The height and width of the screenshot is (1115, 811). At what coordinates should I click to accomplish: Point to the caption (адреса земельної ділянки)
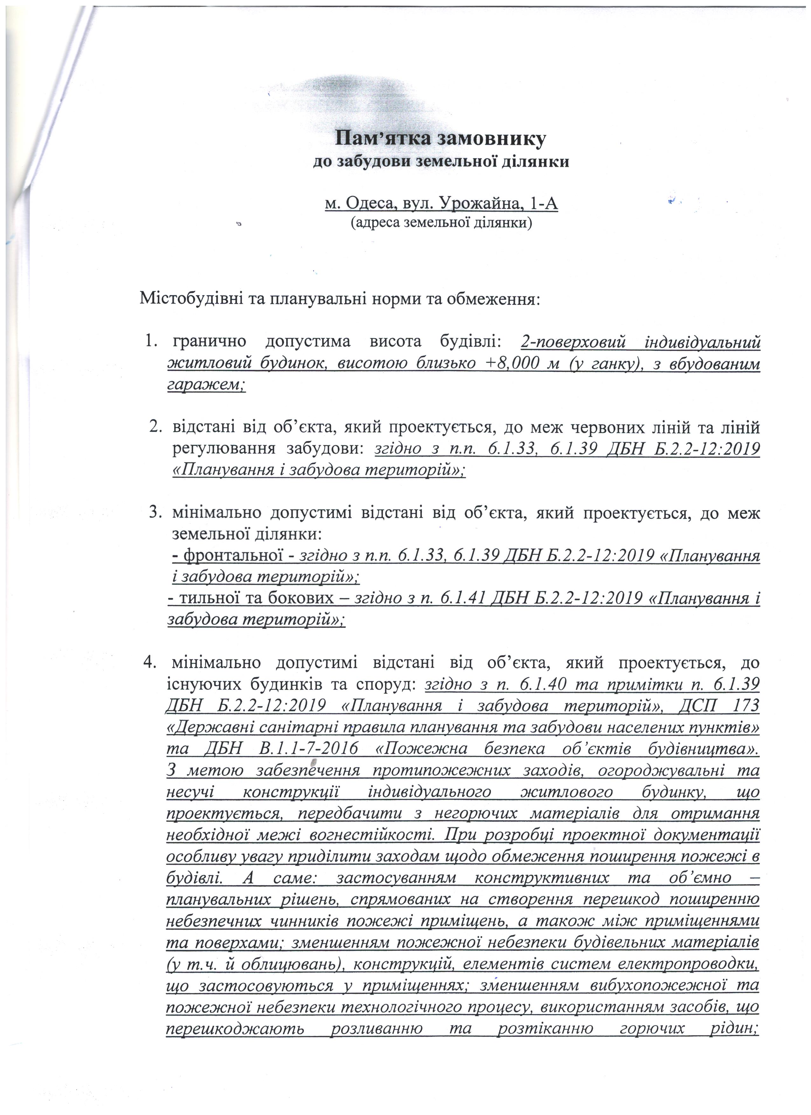(x=441, y=223)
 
